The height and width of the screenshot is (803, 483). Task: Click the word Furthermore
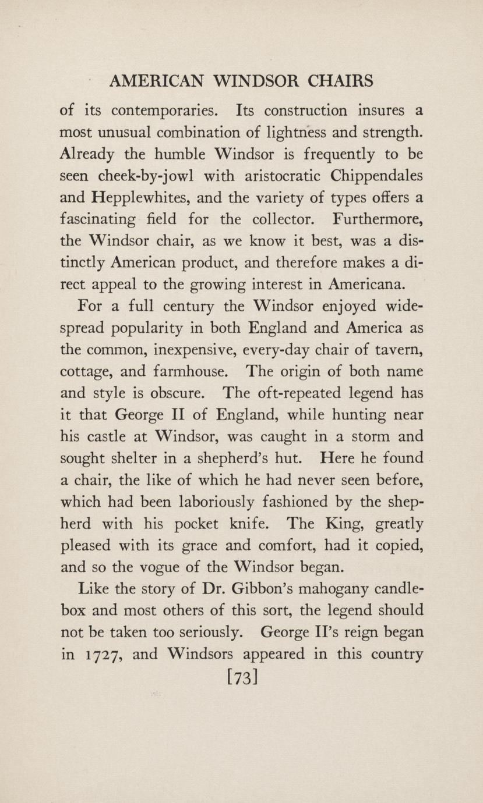(x=378, y=219)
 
